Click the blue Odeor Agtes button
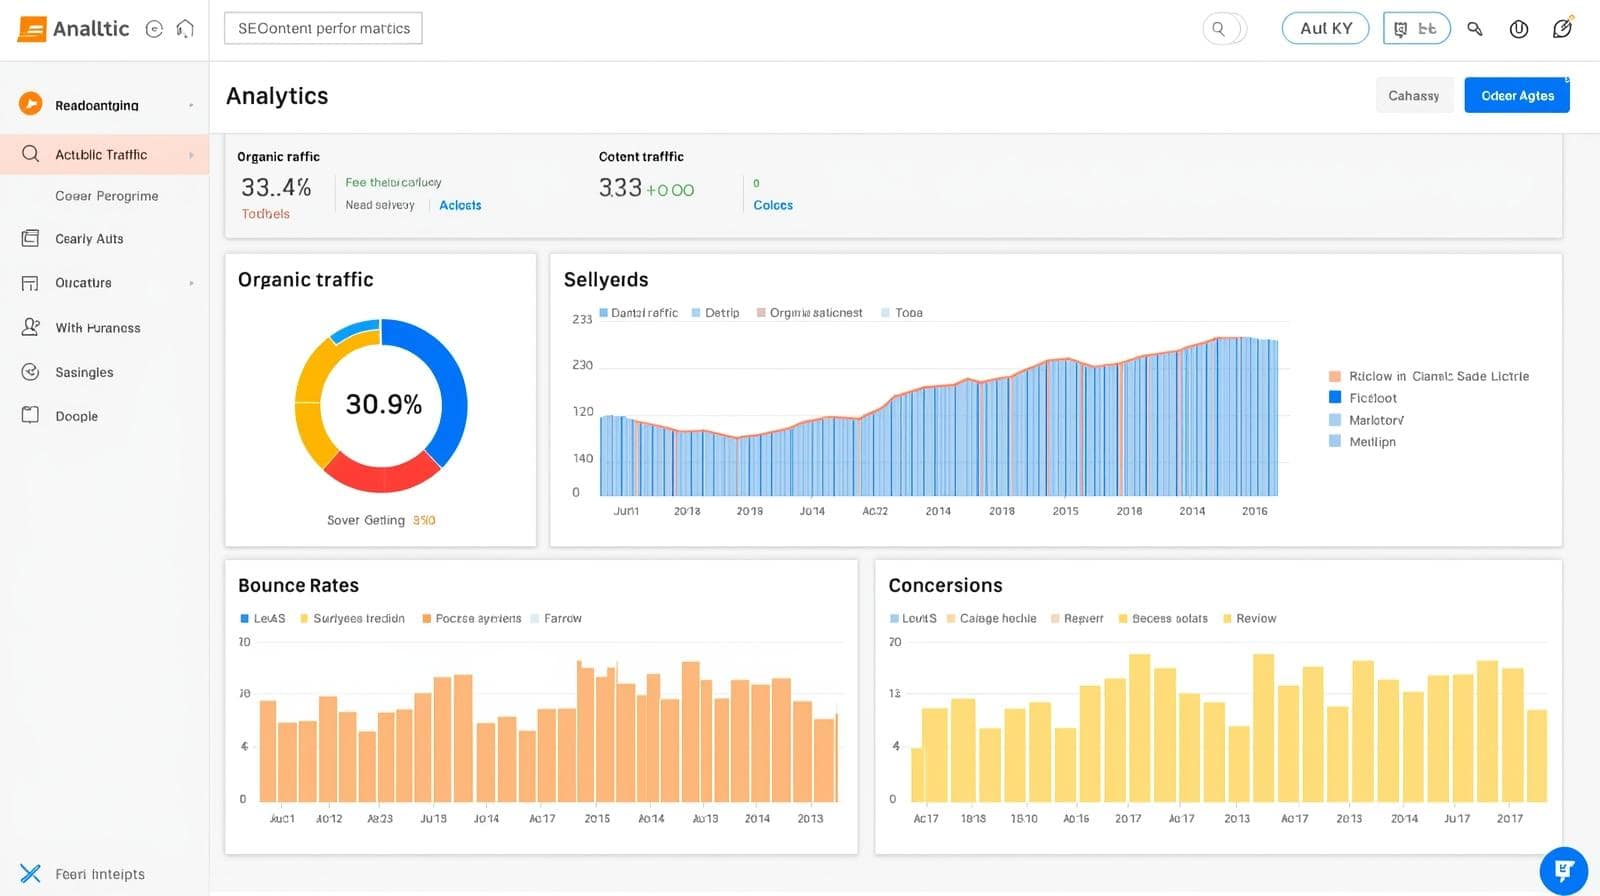click(x=1516, y=96)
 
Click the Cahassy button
click(x=1413, y=96)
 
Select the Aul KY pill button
click(x=1325, y=28)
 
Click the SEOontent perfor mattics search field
click(x=323, y=28)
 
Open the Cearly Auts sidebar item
click(x=89, y=239)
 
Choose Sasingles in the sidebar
click(x=84, y=372)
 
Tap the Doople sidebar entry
click(x=76, y=416)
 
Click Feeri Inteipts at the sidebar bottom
click(x=99, y=874)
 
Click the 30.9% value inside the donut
click(x=383, y=404)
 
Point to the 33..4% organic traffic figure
click(x=276, y=187)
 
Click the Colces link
click(x=772, y=205)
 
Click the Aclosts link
click(x=460, y=205)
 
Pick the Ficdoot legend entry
click(x=1372, y=398)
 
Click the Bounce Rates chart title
click(x=298, y=585)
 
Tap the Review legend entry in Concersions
click(x=1255, y=619)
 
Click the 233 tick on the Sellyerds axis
click(x=582, y=319)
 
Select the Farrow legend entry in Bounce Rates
click(x=562, y=619)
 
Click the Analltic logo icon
click(x=32, y=28)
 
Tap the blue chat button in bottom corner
click(x=1563, y=870)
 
